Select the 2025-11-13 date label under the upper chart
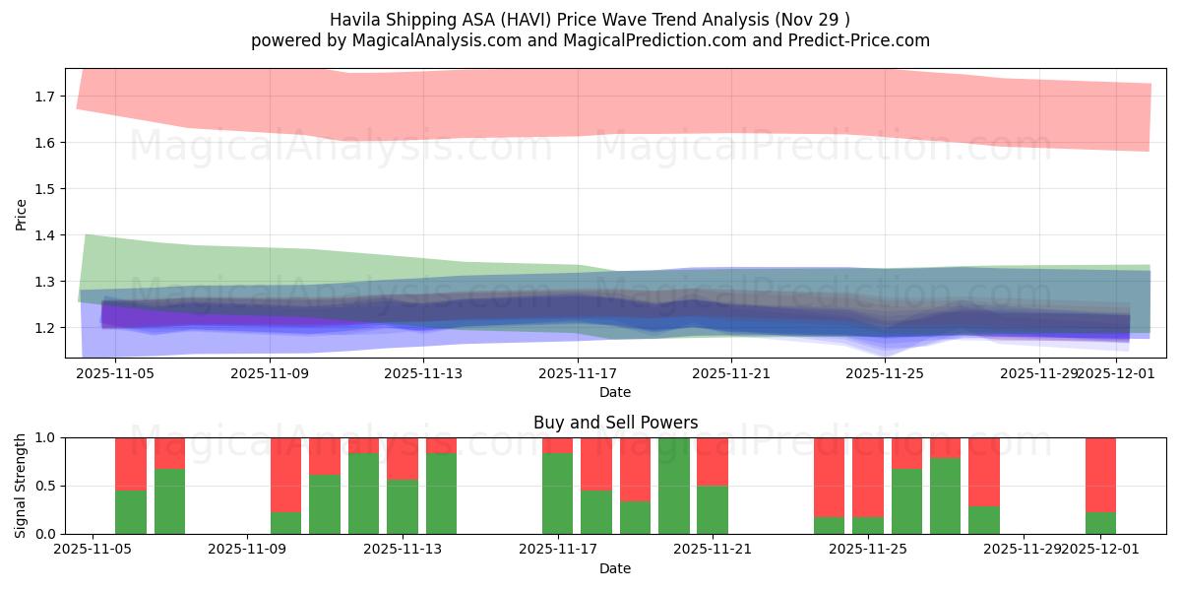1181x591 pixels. [x=422, y=373]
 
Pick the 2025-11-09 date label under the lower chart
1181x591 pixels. [x=248, y=550]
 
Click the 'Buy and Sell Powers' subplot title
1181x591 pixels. [x=615, y=423]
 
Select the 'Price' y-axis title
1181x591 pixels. [x=21, y=213]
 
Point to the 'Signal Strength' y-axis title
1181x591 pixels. [x=21, y=486]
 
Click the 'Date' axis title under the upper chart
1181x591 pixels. [x=615, y=392]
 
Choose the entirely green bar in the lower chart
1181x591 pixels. [x=674, y=486]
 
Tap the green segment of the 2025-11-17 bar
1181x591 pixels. [x=558, y=493]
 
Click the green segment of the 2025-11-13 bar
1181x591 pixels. [x=403, y=506]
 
